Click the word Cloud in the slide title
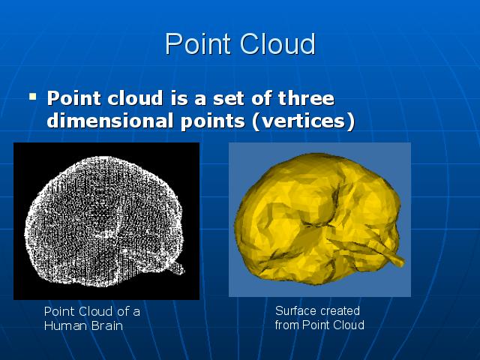(x=277, y=43)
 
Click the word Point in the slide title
(x=198, y=43)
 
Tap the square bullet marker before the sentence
(x=32, y=97)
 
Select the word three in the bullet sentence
(x=306, y=98)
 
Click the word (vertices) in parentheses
(x=303, y=121)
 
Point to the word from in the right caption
(x=287, y=325)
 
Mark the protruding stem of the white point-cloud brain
(x=178, y=268)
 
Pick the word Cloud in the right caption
(x=349, y=325)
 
